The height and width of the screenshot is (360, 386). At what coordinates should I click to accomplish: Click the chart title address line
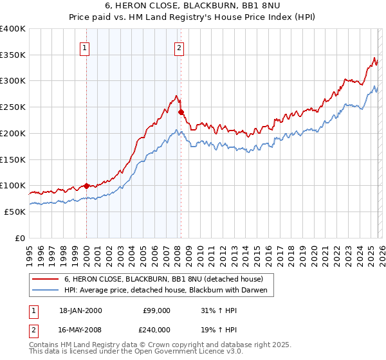coord(192,6)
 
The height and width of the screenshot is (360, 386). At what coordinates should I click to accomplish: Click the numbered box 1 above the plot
coord(86,47)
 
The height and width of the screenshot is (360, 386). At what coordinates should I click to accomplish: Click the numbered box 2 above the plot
coord(179,47)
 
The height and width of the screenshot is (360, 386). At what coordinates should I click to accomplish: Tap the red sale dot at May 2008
coord(181,113)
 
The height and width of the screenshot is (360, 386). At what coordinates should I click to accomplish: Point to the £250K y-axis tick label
coord(13,107)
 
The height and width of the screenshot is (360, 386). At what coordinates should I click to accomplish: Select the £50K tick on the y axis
coord(15,212)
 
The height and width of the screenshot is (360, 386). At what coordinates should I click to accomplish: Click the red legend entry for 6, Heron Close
coord(163,279)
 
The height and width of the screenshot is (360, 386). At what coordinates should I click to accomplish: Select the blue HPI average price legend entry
coord(169,291)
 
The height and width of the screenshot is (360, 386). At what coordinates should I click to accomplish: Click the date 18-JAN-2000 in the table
coord(80,310)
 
